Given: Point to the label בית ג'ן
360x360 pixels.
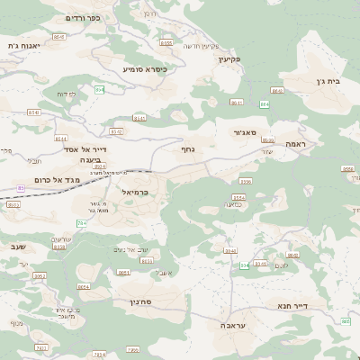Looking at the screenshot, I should (330, 81).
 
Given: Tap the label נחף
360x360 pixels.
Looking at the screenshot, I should (188, 149).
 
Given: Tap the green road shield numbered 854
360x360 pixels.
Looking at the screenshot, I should (100, 90).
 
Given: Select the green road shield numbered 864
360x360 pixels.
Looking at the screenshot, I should (265, 104).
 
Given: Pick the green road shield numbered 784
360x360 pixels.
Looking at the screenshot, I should (82, 222).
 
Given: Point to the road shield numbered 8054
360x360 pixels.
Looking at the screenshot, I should (85, 286).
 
